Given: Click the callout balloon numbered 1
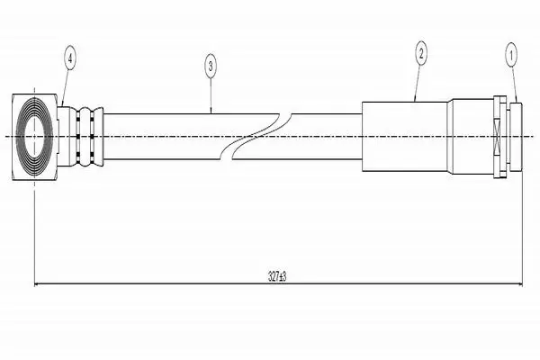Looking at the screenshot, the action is tap(511, 55).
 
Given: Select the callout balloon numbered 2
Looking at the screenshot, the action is tap(421, 53).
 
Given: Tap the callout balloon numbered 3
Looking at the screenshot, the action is tap(211, 66).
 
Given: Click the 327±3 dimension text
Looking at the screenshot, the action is tap(277, 276).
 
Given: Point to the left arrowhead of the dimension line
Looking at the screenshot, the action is tap(38, 284).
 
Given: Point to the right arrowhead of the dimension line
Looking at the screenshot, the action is tap(518, 284).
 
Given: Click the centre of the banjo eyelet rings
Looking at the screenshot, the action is tap(34, 137).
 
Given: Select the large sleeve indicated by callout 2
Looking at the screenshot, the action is tap(405, 137).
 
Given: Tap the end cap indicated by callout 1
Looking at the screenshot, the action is tap(517, 137).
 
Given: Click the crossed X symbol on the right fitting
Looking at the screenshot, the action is tap(497, 137).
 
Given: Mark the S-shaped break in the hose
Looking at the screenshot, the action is tap(256, 137).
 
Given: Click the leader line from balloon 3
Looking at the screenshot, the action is tap(211, 95).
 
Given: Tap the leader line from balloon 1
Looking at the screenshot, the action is tap(514, 85).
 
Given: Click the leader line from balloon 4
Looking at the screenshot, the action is tap(66, 87).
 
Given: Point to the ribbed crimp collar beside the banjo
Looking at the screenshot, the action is tap(85, 137).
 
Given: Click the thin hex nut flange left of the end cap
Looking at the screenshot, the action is tap(500, 137).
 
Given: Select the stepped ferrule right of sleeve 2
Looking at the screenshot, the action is tap(471, 137).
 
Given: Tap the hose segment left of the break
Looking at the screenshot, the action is tap(162, 137).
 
